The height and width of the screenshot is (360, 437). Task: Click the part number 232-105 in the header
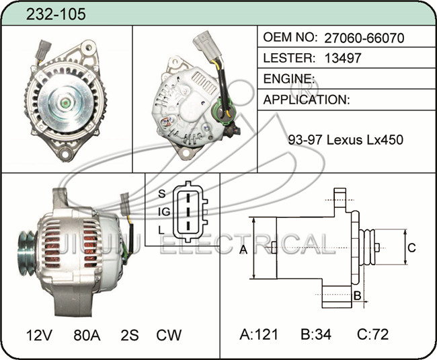[x=56, y=14]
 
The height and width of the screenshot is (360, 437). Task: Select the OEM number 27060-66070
[x=364, y=38]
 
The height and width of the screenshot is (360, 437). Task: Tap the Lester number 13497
[x=343, y=58]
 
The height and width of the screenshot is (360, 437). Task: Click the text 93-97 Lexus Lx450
[x=346, y=139]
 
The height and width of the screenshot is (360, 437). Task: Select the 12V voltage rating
[x=39, y=335]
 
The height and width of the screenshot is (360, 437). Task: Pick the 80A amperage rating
[x=87, y=335]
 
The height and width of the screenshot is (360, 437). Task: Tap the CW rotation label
[x=169, y=335]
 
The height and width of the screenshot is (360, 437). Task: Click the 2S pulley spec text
[x=130, y=335]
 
